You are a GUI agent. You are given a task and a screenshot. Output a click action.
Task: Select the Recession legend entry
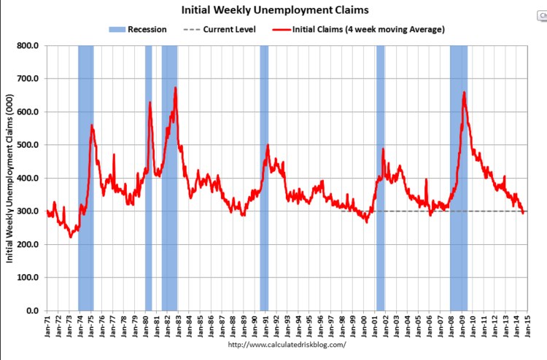click(139, 30)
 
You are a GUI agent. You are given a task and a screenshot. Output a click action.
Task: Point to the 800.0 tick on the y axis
click(28, 45)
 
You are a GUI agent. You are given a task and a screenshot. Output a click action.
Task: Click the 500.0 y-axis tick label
click(28, 145)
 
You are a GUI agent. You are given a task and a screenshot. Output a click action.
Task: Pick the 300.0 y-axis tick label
click(28, 211)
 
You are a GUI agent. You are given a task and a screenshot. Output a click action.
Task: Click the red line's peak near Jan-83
click(175, 88)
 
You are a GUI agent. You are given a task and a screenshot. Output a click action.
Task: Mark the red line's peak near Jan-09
click(464, 93)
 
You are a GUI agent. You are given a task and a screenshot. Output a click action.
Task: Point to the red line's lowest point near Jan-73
click(71, 237)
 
